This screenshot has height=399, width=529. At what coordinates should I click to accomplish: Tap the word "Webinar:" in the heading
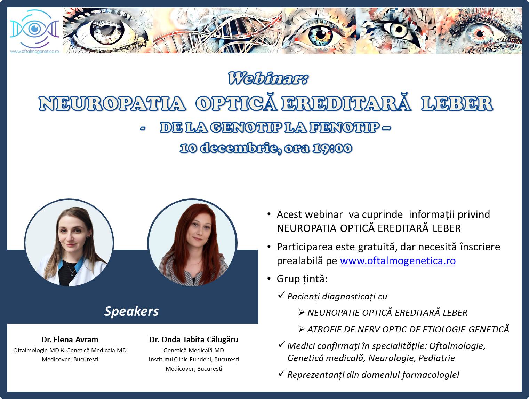(268, 78)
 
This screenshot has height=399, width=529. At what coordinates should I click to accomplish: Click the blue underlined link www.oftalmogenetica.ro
(398, 261)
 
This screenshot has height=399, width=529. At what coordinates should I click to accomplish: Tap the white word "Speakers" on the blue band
(131, 311)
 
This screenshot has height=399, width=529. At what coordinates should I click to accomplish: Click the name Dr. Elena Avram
(70, 339)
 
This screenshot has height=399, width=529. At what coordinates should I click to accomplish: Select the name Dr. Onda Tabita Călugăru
(194, 340)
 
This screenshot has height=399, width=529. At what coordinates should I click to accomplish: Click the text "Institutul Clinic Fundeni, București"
(194, 359)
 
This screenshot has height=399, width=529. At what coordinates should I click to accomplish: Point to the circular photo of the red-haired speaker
(192, 243)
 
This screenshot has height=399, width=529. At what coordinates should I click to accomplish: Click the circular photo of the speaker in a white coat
(69, 243)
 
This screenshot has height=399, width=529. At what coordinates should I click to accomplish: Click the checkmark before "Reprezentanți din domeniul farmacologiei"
(281, 373)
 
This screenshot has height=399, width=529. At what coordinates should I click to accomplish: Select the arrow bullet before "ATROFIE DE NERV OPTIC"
(301, 329)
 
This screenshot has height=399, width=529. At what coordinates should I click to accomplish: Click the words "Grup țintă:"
(302, 279)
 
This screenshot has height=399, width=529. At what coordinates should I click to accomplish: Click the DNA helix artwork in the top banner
(217, 30)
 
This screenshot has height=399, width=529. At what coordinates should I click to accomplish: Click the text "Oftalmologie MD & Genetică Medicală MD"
(70, 350)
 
